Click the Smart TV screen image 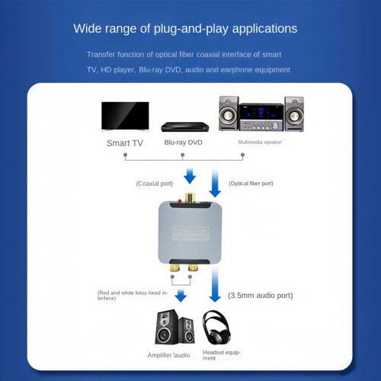[x=125, y=116]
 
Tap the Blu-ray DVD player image [x=185, y=126]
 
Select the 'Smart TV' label [x=125, y=143]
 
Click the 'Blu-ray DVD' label [x=183, y=142]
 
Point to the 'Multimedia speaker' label [x=260, y=142]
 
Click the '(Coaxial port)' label [x=155, y=184]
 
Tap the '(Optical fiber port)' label [x=251, y=184]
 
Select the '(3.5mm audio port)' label [x=261, y=296]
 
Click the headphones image [x=216, y=328]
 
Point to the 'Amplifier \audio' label [x=168, y=355]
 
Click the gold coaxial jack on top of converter [x=190, y=197]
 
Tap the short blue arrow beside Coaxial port [x=190, y=176]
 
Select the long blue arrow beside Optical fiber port [x=215, y=183]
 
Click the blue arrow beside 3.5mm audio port [x=215, y=284]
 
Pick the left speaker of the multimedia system [x=229, y=114]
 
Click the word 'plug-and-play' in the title [x=191, y=29]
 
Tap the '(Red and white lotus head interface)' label [x=133, y=296]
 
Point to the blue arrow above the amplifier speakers [x=181, y=296]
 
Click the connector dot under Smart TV [x=125, y=155]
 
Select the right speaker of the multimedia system [x=294, y=114]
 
